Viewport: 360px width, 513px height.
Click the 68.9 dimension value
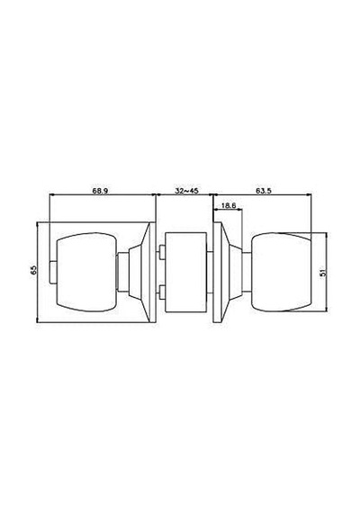coord(100,191)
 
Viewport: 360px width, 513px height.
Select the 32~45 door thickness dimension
coord(186,191)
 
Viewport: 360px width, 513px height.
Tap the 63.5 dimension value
coord(264,191)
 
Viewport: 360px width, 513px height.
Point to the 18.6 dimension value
coord(229,205)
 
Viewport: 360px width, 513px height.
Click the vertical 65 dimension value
coord(33,270)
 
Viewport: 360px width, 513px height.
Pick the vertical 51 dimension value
coord(323,273)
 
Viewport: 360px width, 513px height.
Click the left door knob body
coord(86,272)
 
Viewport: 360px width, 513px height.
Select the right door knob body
coord(282,272)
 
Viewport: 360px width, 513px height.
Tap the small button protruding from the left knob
coord(53,272)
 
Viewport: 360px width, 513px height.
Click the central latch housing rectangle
coord(186,272)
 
